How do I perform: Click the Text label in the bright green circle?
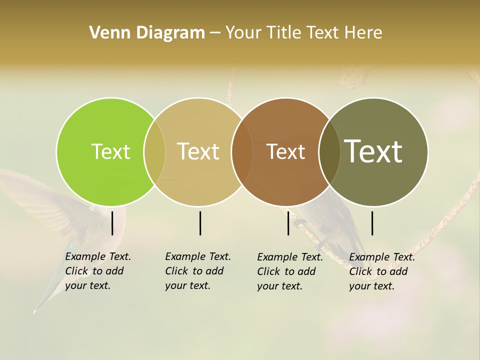pos(110,151)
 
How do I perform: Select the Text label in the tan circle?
pos(198,151)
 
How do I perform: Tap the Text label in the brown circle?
pos(285,152)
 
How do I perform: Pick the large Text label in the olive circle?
pos(373,151)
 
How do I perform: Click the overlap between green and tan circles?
pos(154,151)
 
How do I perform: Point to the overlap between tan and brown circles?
pos(242,151)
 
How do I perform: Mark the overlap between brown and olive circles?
pos(329,151)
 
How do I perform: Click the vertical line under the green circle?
pos(112,223)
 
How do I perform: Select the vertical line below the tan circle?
pos(200,223)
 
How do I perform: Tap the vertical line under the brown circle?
pos(288,223)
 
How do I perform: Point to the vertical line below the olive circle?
pos(372,223)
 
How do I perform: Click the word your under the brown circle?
pos(267,286)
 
